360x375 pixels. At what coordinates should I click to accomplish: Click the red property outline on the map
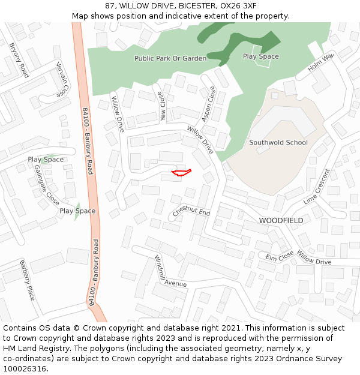[181, 173]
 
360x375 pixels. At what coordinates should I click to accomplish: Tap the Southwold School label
[278, 143]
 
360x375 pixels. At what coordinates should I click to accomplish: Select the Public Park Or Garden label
[170, 59]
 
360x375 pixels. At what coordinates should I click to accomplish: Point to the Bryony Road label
[19, 60]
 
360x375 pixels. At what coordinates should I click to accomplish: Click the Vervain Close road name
[62, 79]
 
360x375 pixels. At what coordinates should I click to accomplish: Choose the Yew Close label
[161, 107]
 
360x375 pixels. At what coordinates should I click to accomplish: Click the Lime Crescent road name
[317, 187]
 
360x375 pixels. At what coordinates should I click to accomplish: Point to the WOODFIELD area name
[281, 221]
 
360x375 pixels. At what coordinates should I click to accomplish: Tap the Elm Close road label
[280, 257]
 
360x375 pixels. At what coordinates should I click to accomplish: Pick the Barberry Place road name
[27, 280]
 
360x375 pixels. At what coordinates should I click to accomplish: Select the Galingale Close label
[43, 185]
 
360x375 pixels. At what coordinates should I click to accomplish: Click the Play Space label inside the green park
[260, 56]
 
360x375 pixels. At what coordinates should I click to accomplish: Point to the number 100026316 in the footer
[24, 369]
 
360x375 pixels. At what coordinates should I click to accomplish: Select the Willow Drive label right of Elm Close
[314, 261]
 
